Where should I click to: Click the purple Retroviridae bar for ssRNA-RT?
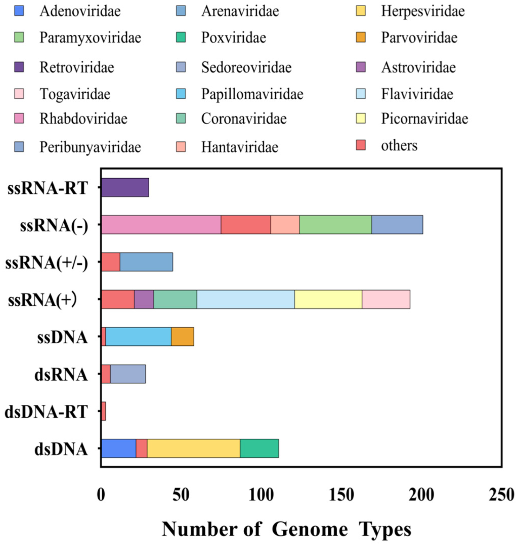pyautogui.click(x=125, y=187)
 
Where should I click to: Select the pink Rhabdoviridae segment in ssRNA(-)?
pyautogui.click(x=161, y=225)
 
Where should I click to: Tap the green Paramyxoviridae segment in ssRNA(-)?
pyautogui.click(x=335, y=225)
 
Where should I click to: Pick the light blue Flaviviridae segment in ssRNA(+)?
pyautogui.click(x=245, y=299)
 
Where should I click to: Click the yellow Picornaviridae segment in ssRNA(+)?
pyautogui.click(x=328, y=299)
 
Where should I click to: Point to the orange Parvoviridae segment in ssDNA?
pyautogui.click(x=182, y=337)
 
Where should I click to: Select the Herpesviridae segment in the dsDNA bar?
pyautogui.click(x=193, y=449)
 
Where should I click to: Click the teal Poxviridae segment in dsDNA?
pyautogui.click(x=259, y=449)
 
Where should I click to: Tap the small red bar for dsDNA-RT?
pyautogui.click(x=104, y=411)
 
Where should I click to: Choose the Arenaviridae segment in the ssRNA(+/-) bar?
pyautogui.click(x=146, y=262)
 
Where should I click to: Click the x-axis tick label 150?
pyautogui.click(x=341, y=495)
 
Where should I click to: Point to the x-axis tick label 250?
pyautogui.click(x=501, y=495)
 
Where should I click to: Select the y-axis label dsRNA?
pyautogui.click(x=61, y=374)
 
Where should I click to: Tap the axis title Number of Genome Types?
pyautogui.click(x=286, y=529)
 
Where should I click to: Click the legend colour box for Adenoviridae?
pyautogui.click(x=19, y=11)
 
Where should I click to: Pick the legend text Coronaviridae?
pyautogui.click(x=244, y=119)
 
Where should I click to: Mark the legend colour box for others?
pyautogui.click(x=361, y=145)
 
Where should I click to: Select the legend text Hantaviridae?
pyautogui.click(x=239, y=147)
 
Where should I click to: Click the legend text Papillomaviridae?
pyautogui.click(x=252, y=94)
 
